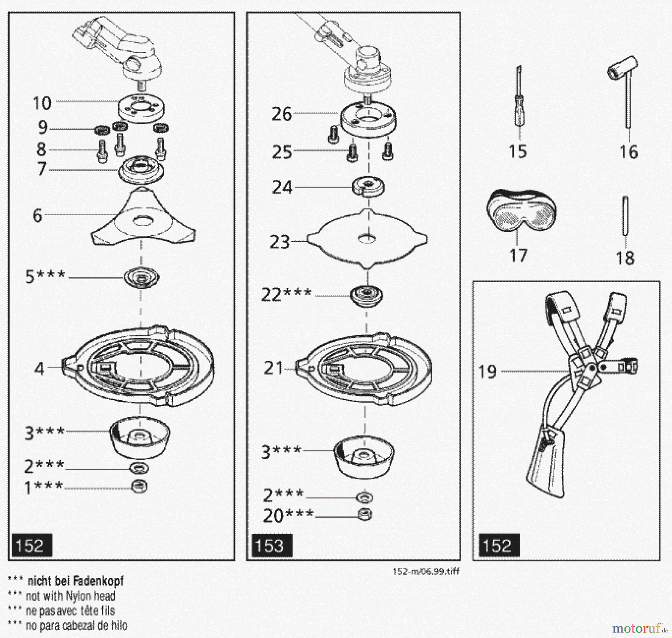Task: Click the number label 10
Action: coord(42,103)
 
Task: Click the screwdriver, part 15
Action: coord(519,101)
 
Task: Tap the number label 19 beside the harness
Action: coord(488,372)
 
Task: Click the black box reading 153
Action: coord(271,546)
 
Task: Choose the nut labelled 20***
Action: coord(364,515)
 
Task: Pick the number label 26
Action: coord(281,114)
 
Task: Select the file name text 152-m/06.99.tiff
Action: coord(426,571)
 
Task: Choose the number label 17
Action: coord(518,256)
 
